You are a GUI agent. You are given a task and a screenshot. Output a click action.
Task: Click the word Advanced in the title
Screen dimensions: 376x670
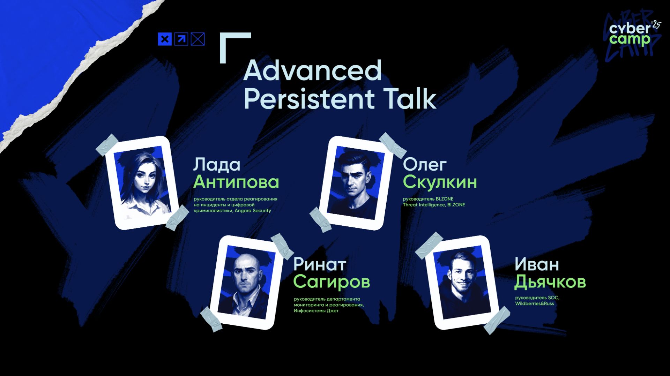tap(313, 71)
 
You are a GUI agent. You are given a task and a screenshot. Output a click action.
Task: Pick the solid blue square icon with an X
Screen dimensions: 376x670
tap(165, 39)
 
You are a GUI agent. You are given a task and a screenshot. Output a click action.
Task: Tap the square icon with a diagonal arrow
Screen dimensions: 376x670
tap(181, 39)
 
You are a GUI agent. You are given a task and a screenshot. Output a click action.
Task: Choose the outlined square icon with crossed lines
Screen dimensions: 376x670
tap(198, 39)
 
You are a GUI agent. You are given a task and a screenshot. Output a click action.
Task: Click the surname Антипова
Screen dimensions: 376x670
tap(236, 182)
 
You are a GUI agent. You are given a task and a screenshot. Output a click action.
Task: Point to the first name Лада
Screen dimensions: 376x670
tap(217, 165)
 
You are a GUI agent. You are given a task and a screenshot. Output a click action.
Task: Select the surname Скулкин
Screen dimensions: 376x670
tap(440, 182)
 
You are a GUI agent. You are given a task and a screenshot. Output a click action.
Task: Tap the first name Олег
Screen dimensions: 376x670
tap(425, 165)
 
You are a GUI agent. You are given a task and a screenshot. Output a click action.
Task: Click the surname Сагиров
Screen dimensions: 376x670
tap(331, 282)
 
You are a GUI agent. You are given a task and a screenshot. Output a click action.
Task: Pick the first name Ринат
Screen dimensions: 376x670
tap(319, 264)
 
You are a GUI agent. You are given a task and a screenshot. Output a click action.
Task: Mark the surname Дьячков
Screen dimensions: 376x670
tap(550, 282)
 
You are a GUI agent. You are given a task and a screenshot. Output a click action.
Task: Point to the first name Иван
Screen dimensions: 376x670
tap(537, 264)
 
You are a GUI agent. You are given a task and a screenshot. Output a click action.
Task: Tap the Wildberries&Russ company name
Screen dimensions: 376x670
tap(534, 303)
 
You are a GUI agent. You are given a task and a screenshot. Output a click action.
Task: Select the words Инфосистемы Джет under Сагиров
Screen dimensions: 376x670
tap(316, 311)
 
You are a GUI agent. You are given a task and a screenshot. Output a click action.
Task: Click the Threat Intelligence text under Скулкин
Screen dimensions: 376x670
tap(424, 205)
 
